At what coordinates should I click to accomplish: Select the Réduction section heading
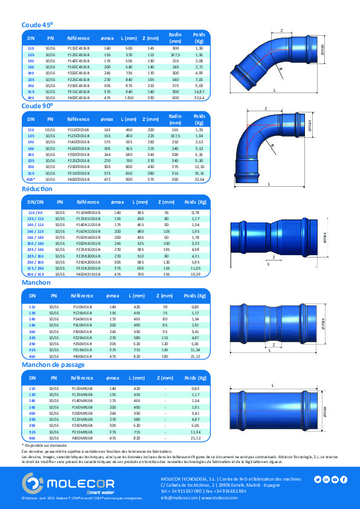coord(38,189)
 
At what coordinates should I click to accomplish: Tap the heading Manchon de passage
coord(53,365)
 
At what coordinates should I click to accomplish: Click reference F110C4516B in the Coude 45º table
coord(78,47)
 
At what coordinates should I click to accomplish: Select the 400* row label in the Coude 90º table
coord(31,180)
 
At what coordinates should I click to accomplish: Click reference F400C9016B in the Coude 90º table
coord(78,180)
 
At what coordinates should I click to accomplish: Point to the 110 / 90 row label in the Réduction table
coord(36,212)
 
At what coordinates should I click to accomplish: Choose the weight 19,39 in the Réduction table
coord(195,273)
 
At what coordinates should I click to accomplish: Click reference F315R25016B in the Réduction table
coord(87,267)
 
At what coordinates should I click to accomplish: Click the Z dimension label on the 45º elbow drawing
coord(281,29)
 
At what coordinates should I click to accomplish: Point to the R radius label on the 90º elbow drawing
coord(273,145)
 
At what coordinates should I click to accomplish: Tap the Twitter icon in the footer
coord(317,479)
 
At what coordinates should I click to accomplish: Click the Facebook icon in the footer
coord(344,479)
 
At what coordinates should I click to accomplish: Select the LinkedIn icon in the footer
coord(326,479)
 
